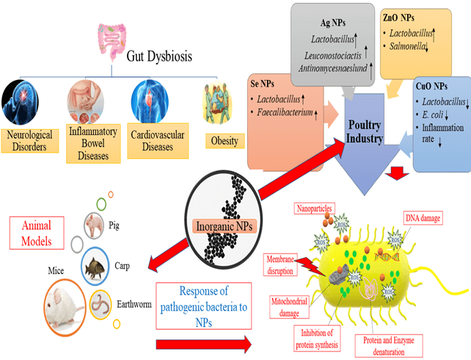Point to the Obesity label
(x=223, y=141)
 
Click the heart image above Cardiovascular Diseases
(x=151, y=100)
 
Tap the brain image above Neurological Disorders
(x=27, y=102)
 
